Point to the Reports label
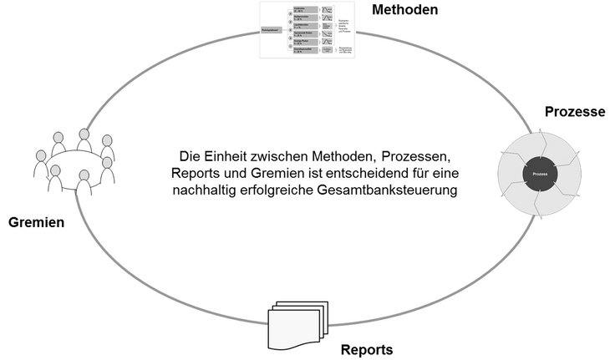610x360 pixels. [367, 348]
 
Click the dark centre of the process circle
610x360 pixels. [539, 175]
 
